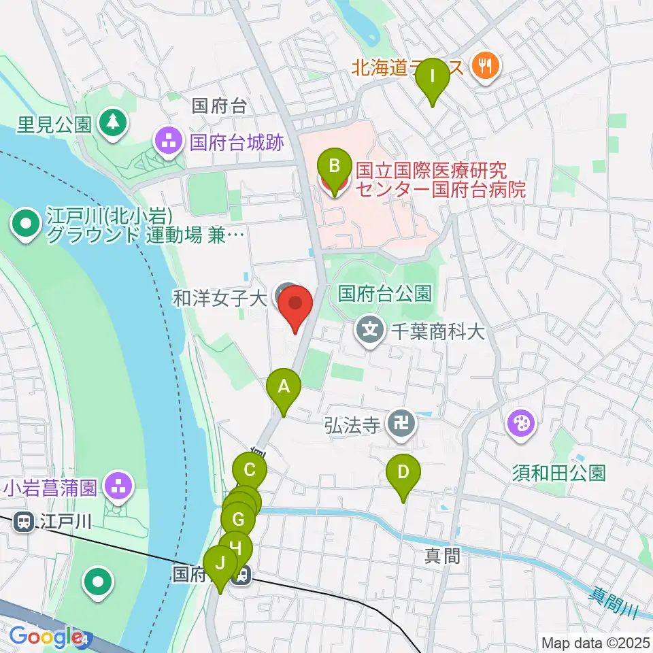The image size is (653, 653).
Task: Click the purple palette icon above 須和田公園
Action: [522, 425]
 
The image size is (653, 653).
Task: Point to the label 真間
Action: [443, 556]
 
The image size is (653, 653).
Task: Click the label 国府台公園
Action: [384, 293]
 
